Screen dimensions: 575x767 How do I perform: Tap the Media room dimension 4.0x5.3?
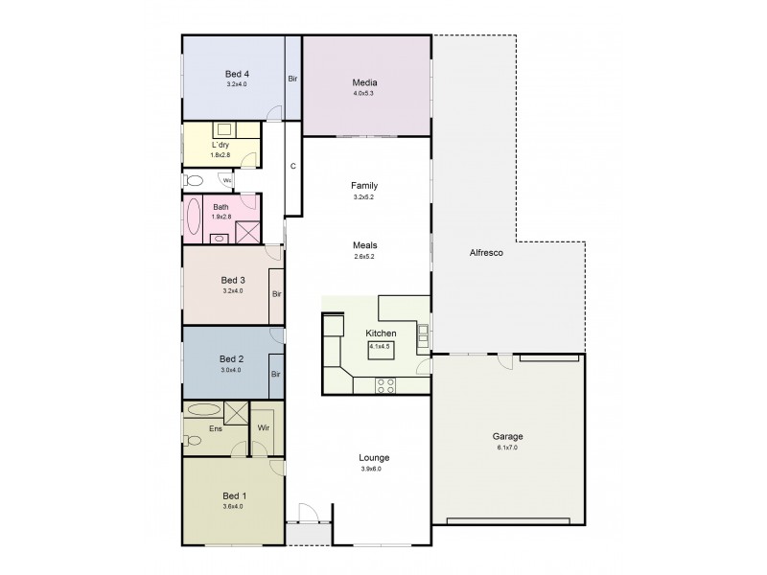pyautogui.click(x=364, y=94)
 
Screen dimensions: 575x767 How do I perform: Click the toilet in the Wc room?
pyautogui.click(x=195, y=179)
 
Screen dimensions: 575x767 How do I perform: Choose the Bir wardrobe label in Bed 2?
pyautogui.click(x=275, y=374)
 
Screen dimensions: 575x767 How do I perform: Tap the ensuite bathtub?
pyautogui.click(x=203, y=409)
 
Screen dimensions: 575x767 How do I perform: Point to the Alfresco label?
pyautogui.click(x=481, y=253)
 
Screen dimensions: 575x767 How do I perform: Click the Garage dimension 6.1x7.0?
pyautogui.click(x=509, y=448)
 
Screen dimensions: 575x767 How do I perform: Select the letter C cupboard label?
pyautogui.click(x=292, y=165)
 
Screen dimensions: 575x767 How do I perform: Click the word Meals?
pyautogui.click(x=364, y=244)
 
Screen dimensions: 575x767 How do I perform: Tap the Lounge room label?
pyautogui.click(x=374, y=457)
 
